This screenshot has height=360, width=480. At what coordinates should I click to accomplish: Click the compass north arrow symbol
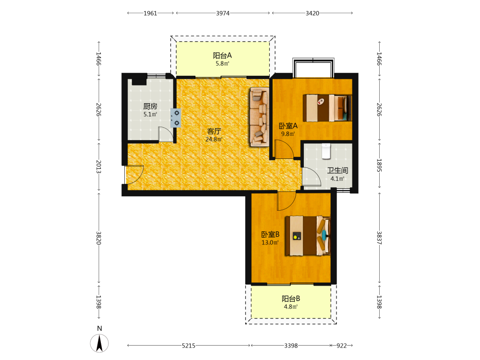(x=99, y=343)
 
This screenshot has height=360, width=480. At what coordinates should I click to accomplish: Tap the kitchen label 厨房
(x=150, y=106)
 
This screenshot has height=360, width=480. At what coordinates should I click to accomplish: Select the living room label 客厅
(x=214, y=132)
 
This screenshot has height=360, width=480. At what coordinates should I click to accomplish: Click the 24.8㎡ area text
(x=214, y=139)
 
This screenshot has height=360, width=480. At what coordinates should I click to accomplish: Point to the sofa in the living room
(x=259, y=117)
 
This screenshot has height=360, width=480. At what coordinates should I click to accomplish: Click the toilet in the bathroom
(x=326, y=151)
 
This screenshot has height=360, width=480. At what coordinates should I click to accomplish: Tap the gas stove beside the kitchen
(x=176, y=118)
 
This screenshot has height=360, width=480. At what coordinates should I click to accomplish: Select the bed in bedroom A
(x=327, y=108)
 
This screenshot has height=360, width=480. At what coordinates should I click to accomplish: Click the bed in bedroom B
(x=308, y=236)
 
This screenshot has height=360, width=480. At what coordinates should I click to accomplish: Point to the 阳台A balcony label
(x=222, y=55)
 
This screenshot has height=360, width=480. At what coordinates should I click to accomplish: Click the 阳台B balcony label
(x=291, y=299)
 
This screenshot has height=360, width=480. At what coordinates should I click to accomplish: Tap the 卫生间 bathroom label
(x=337, y=170)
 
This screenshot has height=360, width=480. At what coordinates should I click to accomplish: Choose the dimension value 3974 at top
(x=223, y=13)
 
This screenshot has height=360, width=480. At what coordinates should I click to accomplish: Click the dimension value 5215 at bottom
(x=189, y=346)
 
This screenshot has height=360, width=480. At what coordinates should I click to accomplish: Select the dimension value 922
(x=342, y=346)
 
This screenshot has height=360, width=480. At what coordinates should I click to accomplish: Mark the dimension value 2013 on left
(x=98, y=167)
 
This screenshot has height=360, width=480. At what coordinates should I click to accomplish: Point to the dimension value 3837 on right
(x=379, y=238)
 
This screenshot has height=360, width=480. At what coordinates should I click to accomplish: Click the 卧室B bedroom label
(x=270, y=235)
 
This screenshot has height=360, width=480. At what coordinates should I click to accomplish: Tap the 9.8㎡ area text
(x=288, y=134)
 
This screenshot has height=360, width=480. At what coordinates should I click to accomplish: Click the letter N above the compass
(x=99, y=328)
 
